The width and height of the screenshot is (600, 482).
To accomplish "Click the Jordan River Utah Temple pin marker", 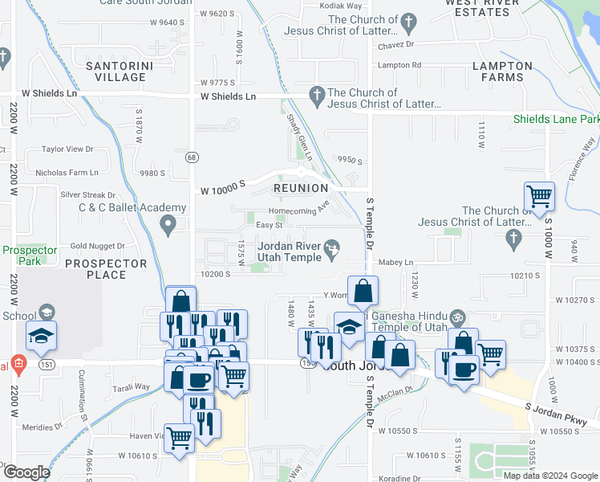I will coord(333,254).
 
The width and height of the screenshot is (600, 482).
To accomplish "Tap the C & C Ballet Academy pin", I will coord(168,225).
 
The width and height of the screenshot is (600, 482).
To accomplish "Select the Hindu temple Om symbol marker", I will coord(457,317).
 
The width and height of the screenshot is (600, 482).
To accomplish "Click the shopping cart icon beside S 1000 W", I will coord(539,195).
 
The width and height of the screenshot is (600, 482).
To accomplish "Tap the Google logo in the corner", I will coord(26,472).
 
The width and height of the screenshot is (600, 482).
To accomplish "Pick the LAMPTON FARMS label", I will coord(503,71).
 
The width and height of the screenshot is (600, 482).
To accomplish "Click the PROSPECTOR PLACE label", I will coord(107,269).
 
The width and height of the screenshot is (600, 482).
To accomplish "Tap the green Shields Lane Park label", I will coord(557,120).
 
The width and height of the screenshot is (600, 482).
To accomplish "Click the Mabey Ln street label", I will coord(395,263).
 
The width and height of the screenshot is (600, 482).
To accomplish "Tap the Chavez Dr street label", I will coord(395,46).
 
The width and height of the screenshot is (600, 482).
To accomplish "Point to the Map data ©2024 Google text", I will coord(549,475).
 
